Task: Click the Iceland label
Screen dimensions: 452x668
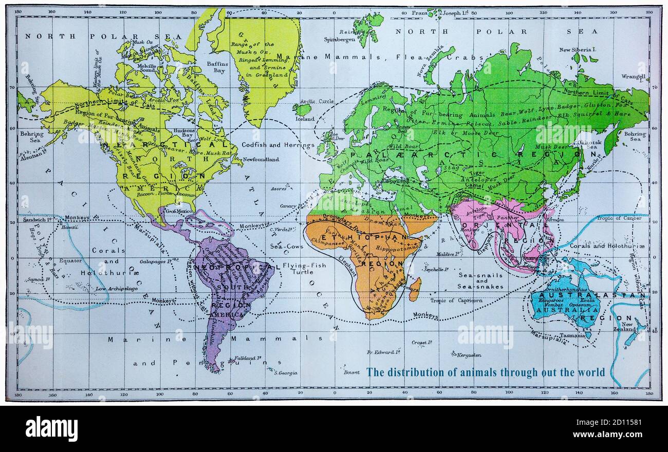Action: tap(305, 119)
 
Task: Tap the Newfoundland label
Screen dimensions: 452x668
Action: tap(261, 159)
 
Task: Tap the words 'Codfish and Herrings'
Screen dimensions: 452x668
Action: tap(278, 145)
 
